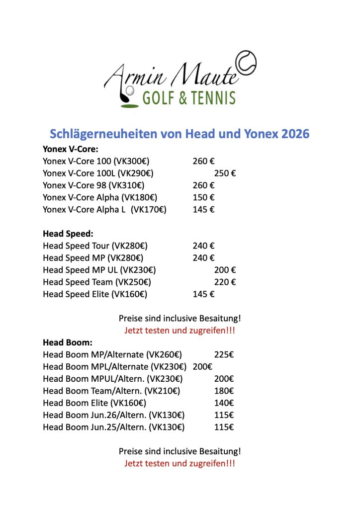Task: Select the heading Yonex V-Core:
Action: pos(70,149)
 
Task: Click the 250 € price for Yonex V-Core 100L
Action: pos(225,173)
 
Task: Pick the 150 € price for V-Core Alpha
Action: pos(203,197)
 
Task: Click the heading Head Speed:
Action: pos(68,233)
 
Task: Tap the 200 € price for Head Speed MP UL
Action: pos(225,270)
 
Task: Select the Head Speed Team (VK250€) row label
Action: pos(97,282)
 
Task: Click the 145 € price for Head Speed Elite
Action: pos(203,294)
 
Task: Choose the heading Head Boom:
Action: pos(68,342)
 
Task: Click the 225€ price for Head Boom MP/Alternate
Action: pos(224,354)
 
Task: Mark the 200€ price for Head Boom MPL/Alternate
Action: pos(202,367)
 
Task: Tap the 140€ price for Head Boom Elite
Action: pos(224,403)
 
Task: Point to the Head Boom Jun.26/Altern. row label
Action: pos(114,415)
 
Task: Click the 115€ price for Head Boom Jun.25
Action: pos(224,427)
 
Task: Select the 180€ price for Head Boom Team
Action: pos(224,391)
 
